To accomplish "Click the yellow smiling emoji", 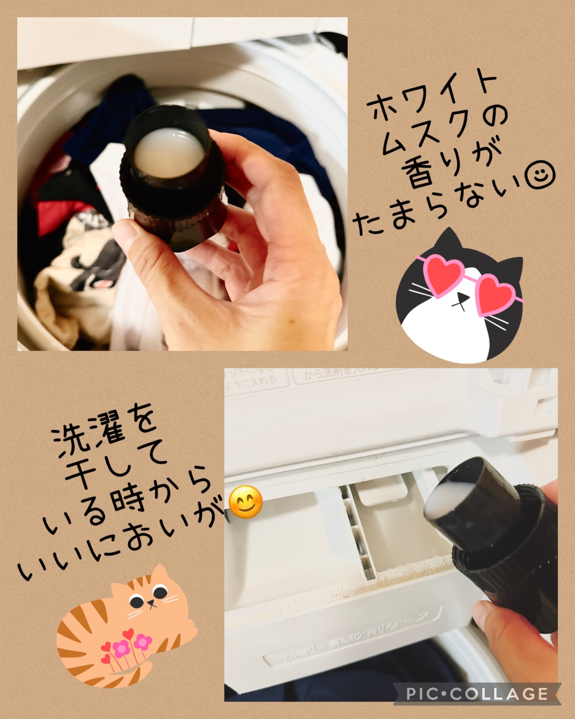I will pyautogui.click(x=246, y=502).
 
